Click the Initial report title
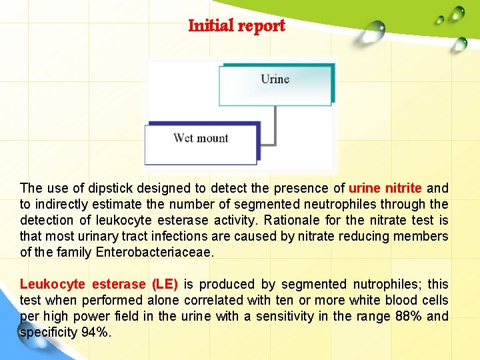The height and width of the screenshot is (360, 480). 237,26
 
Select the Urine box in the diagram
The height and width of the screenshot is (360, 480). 275,83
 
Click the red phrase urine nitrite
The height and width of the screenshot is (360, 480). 385,189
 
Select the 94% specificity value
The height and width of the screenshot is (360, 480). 96,333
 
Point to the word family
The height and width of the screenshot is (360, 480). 74,253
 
